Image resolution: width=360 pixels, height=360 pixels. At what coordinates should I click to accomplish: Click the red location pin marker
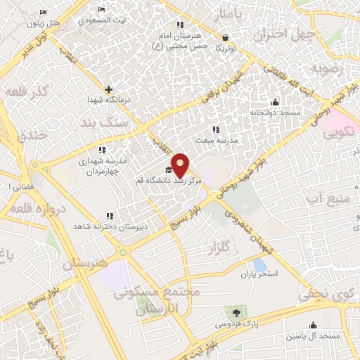(x=181, y=164)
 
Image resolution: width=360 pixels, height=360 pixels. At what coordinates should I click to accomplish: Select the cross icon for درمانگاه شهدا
(x=108, y=89)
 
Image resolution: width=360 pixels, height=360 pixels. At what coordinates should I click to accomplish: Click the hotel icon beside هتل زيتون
(x=44, y=13)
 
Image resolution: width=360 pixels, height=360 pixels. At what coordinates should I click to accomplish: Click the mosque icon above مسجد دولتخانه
(x=275, y=102)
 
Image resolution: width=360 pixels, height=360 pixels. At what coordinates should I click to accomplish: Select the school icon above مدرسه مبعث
(x=216, y=129)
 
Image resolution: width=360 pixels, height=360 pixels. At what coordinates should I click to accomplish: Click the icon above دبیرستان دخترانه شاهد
(x=109, y=216)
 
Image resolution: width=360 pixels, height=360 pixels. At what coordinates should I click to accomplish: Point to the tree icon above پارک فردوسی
(x=236, y=312)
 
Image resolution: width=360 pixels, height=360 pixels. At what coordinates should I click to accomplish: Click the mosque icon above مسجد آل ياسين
(x=313, y=326)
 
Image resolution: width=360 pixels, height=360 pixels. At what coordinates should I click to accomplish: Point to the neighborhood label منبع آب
(x=329, y=200)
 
